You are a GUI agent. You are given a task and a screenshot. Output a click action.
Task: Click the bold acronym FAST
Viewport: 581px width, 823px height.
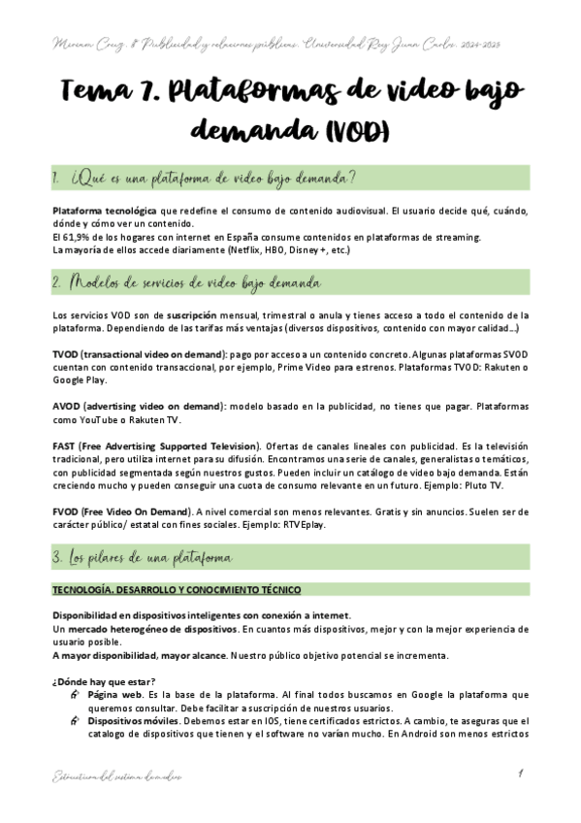click(x=66, y=444)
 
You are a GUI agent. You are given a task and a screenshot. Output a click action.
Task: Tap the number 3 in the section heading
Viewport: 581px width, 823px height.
click(x=58, y=559)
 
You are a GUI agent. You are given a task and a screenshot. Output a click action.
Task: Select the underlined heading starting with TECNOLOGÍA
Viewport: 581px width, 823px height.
click(x=177, y=591)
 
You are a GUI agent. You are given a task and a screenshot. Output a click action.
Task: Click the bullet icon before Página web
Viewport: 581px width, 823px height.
click(x=76, y=696)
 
